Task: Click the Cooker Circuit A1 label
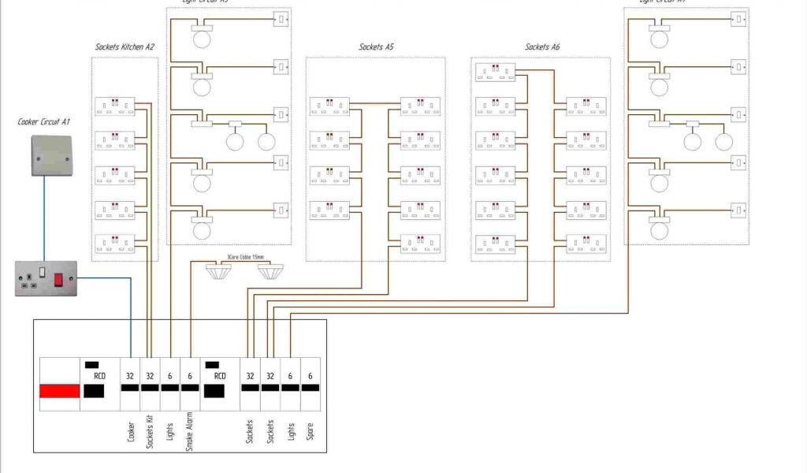point(44,121)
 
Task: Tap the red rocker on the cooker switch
point(58,278)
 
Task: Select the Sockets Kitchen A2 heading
point(125,47)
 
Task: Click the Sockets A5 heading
point(376,47)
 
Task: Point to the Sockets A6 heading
point(542,47)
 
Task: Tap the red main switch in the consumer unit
point(60,391)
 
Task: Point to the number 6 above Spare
point(311,376)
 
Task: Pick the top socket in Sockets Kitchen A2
point(115,106)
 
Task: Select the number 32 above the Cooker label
point(130,376)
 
